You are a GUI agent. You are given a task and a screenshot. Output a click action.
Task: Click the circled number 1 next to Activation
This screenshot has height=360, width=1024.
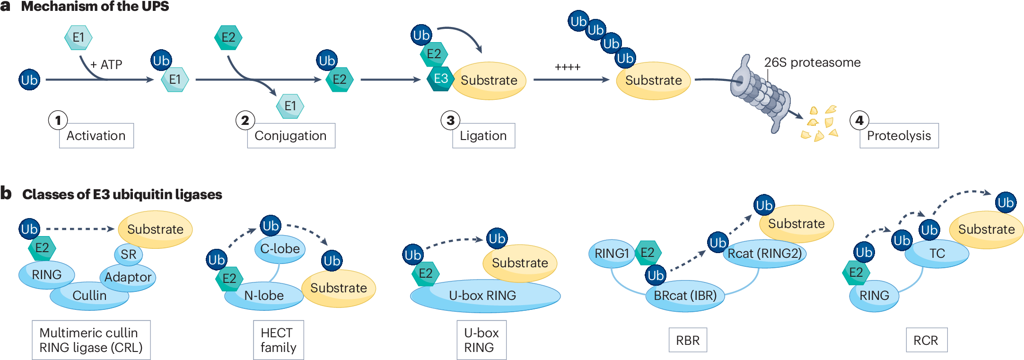58,120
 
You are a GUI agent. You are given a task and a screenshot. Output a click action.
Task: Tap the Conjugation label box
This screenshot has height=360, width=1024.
291,136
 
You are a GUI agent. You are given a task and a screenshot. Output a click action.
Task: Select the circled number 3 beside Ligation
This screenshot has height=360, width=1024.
450,120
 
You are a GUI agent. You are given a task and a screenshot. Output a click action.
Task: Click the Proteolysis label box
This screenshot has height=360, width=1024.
899,136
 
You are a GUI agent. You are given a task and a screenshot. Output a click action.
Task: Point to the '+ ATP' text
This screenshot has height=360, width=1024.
106,64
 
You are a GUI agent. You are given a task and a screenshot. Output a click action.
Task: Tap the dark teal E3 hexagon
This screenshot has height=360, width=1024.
440,79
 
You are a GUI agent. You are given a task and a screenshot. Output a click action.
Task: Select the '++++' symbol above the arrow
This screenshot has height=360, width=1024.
568,67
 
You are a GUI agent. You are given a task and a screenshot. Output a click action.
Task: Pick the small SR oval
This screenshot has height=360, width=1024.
128,255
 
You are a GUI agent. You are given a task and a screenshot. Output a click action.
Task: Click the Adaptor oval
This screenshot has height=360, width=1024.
128,277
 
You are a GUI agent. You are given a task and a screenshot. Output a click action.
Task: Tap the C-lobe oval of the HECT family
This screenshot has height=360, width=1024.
280,249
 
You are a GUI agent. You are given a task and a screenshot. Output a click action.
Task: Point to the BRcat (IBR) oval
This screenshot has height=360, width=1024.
685,296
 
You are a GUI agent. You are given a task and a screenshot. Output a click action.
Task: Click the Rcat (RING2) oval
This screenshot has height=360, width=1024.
764,254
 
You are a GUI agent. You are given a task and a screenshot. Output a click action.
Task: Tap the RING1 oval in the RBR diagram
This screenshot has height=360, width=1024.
611,254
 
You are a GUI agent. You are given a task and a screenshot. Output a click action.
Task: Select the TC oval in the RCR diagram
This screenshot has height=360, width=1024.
936,254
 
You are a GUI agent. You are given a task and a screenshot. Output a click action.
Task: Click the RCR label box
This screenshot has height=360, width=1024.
926,340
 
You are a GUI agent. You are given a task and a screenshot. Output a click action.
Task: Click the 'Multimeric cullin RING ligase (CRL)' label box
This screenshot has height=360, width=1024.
91,340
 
